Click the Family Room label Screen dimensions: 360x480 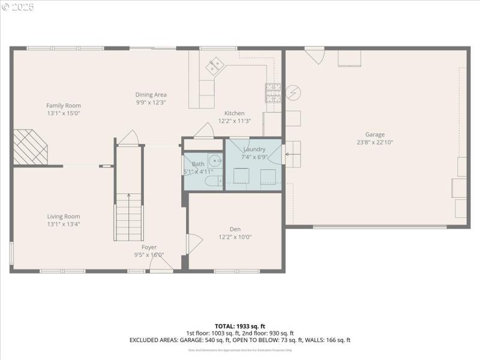64,106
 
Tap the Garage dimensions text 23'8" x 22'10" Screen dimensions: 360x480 375,142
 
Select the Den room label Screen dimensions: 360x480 235,229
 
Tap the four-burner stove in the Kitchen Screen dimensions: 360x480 273,92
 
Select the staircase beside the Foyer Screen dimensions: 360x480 129,216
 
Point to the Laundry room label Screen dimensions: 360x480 254,149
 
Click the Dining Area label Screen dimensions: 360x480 151,94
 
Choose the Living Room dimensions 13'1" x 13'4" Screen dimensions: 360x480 64,224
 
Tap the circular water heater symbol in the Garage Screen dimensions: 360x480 293,93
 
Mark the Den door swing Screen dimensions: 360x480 194,243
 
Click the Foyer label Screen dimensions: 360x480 149,247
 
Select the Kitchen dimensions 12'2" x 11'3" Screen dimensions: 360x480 234,121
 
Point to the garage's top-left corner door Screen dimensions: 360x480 314,55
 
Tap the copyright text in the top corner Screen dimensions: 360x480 18,7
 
